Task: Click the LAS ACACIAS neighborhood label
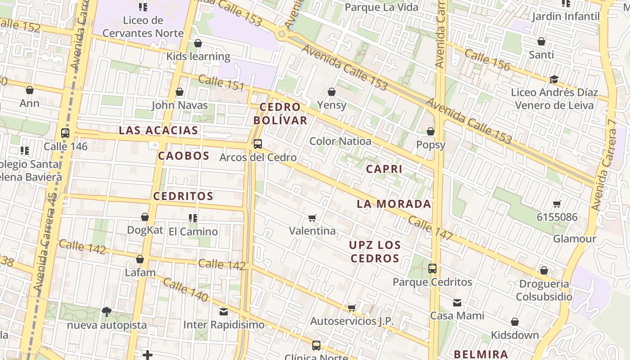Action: click(158, 130)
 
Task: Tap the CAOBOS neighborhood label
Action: click(184, 156)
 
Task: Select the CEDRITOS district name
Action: click(183, 196)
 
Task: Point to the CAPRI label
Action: click(384, 169)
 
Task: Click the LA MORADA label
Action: click(394, 204)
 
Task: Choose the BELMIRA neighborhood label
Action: click(481, 354)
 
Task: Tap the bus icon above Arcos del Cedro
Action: click(258, 144)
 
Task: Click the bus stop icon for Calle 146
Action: click(65, 133)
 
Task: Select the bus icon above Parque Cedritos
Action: click(432, 269)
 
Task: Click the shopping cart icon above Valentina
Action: click(312, 218)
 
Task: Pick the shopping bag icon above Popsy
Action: click(431, 131)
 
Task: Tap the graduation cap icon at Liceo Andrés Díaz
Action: click(554, 80)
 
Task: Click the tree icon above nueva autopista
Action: click(107, 311)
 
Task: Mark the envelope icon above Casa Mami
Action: click(457, 303)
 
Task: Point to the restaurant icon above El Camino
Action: click(193, 218)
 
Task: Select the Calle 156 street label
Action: click(487, 60)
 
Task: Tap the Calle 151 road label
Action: click(221, 83)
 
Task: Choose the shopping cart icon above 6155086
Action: click(557, 204)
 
